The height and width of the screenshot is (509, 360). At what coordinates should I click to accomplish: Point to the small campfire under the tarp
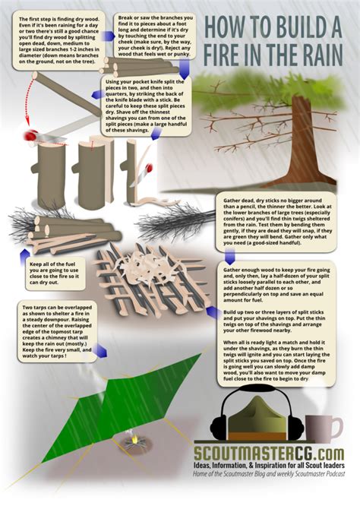coord(138,438)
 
